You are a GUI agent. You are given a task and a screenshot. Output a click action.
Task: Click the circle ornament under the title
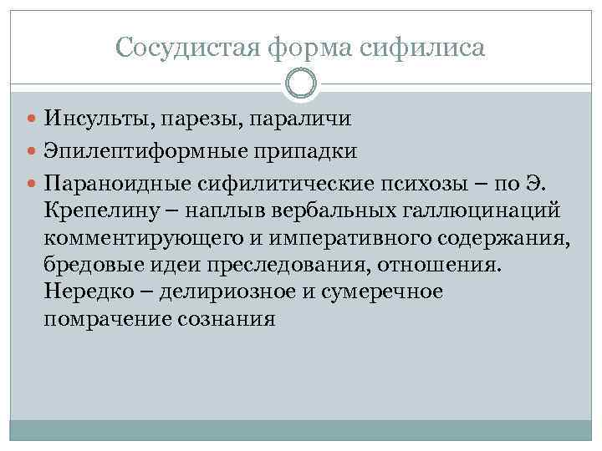[301, 84]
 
